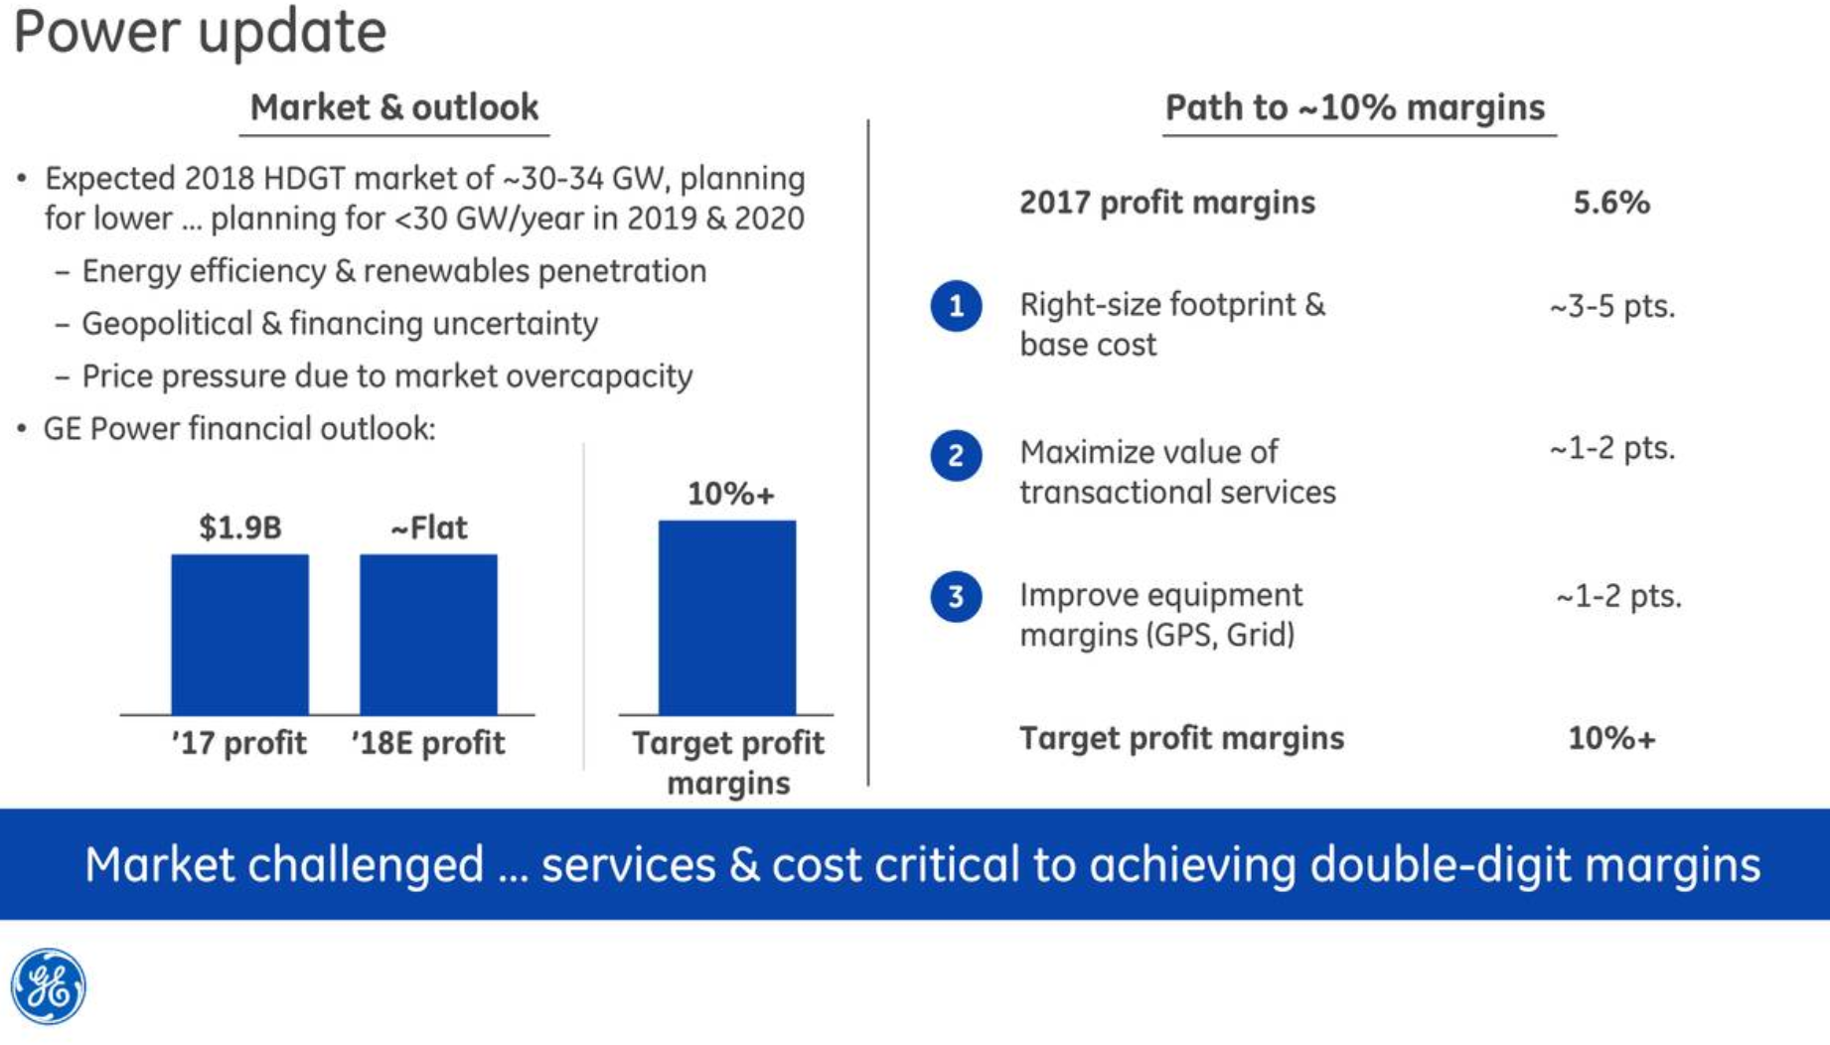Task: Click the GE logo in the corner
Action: [x=48, y=985]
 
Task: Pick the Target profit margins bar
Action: [x=726, y=617]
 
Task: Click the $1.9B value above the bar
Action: [x=239, y=527]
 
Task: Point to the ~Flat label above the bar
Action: [x=428, y=527]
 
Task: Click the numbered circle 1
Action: [x=956, y=305]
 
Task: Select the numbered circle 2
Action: [x=956, y=455]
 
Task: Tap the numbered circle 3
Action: [x=956, y=596]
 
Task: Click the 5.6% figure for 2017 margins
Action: [x=1610, y=203]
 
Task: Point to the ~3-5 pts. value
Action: [x=1611, y=306]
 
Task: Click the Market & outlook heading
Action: [x=393, y=107]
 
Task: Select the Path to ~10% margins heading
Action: [x=1355, y=107]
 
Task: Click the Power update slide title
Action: [x=200, y=32]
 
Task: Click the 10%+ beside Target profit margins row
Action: [x=1611, y=738]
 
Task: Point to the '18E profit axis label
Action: [x=428, y=743]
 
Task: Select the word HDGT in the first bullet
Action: [x=303, y=179]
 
